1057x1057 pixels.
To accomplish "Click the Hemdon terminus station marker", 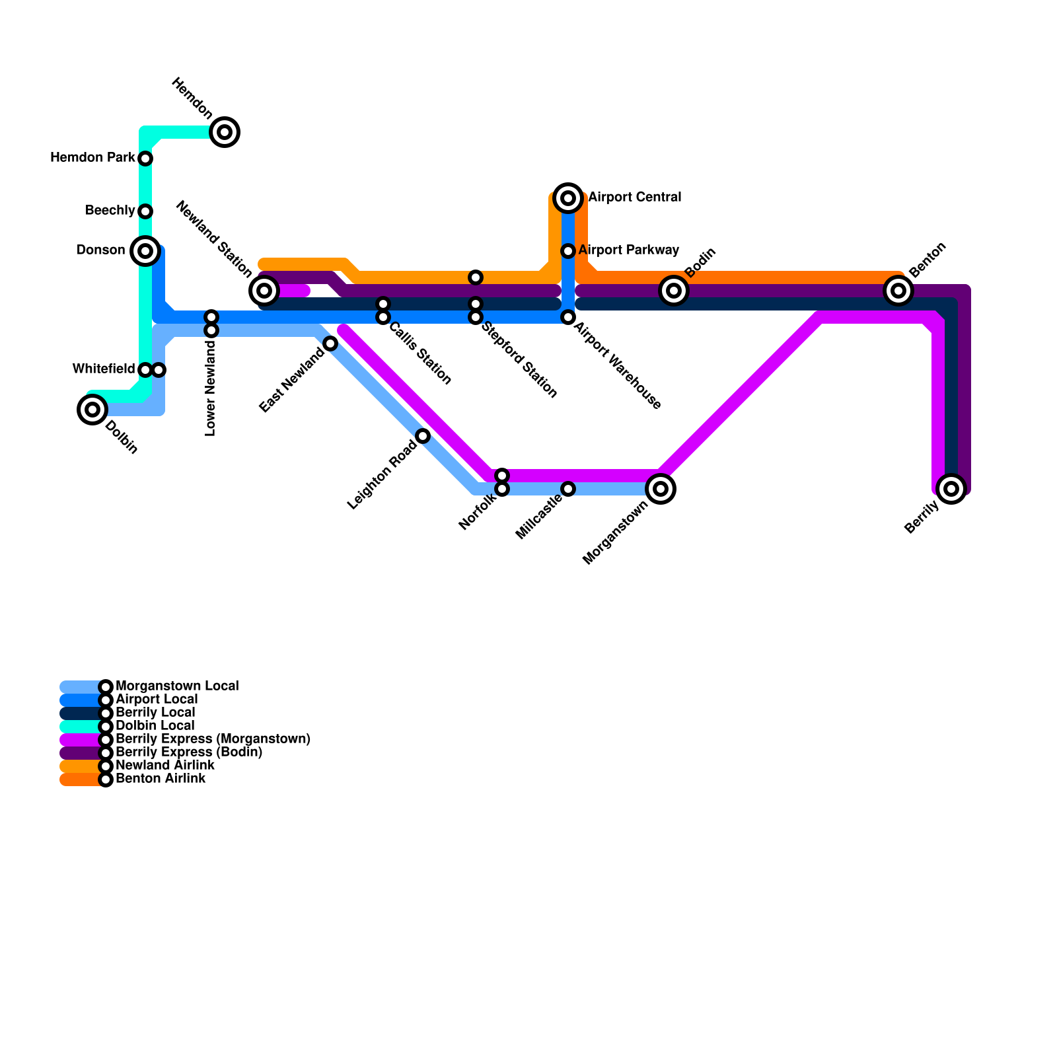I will (x=225, y=132).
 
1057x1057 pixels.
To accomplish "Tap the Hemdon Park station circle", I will (x=145, y=159).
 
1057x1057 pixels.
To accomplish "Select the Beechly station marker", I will (x=145, y=211).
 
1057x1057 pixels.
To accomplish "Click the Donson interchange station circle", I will (x=145, y=251).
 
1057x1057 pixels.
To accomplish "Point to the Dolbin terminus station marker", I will (x=92, y=410).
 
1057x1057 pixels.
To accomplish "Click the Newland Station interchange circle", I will (x=264, y=291).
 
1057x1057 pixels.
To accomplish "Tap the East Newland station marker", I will (x=330, y=344).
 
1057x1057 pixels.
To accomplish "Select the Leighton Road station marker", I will (x=423, y=436).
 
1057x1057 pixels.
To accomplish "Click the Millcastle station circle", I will (x=568, y=489).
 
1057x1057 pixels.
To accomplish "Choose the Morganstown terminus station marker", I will (x=661, y=489).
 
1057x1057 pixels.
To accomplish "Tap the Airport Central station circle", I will (x=568, y=198).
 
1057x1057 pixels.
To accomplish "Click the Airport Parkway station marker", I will (x=568, y=251).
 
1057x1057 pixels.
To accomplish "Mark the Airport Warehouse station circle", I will (x=568, y=318).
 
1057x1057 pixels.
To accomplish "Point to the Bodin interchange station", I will (x=674, y=291).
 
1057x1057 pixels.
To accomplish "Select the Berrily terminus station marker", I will (x=951, y=489).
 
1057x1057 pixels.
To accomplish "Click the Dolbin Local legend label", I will (x=155, y=726).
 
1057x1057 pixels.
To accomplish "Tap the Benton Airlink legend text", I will (x=160, y=779).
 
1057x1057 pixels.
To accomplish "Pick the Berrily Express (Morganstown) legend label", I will (x=213, y=739).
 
